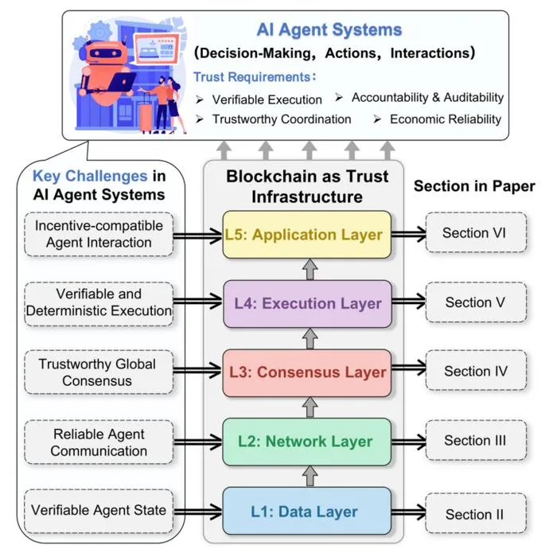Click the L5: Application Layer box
pos(307,235)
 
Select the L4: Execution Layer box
pos(308,303)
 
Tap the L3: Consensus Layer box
pos(307,372)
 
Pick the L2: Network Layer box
pos(307,442)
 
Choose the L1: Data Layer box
pos(307,511)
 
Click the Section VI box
pos(476,232)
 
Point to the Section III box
pos(476,440)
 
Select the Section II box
pos(476,513)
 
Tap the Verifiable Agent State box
pos(99,511)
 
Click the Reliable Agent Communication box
pos(99,442)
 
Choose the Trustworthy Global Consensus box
pos(99,372)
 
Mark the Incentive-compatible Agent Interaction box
pos(99,234)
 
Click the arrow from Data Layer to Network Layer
pos(310,476)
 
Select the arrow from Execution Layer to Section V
pos(408,302)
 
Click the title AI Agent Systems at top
pos(329,30)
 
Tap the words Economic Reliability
pos(446,119)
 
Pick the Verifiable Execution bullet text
pos(267,99)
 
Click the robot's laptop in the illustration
pos(122,81)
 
